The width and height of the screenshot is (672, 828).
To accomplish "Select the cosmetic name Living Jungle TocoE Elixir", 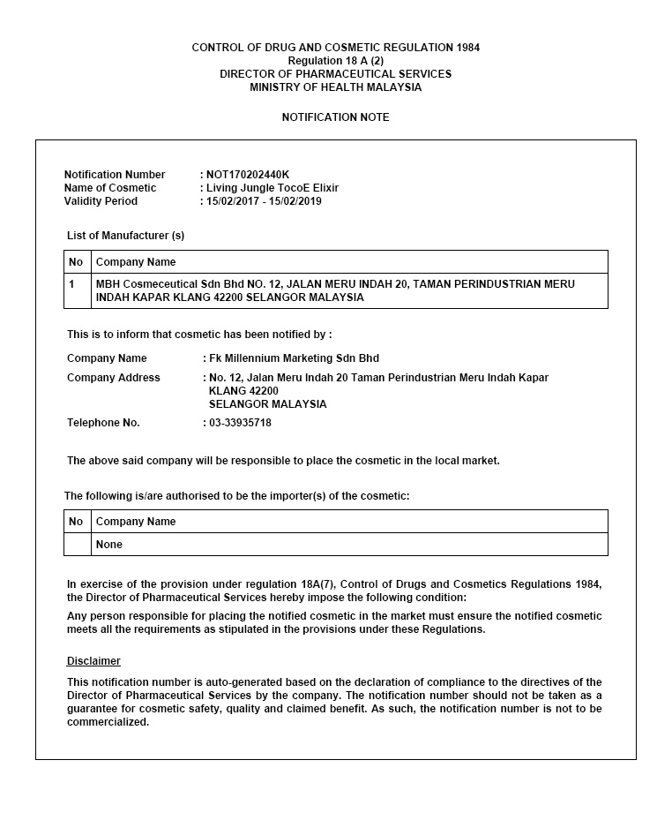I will click(x=273, y=188).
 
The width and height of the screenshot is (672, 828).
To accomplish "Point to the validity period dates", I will click(x=264, y=201).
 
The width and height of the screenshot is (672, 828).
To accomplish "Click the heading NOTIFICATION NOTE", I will click(x=335, y=117).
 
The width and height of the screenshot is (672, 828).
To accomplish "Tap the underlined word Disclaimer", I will click(x=93, y=661).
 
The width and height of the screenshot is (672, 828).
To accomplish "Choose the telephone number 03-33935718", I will click(x=240, y=423).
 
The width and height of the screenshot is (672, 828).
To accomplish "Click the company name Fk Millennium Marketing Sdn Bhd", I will click(x=294, y=358).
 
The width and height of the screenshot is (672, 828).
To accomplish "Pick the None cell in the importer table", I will click(x=109, y=545).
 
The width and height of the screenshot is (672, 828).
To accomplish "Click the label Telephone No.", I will click(x=103, y=423).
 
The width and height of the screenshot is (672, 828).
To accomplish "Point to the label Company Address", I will click(x=114, y=378).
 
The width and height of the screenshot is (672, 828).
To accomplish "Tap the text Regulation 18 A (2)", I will click(x=335, y=61).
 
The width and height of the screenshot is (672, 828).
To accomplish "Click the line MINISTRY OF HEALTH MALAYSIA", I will click(x=335, y=87).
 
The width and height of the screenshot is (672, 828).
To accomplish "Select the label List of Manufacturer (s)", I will click(x=125, y=236).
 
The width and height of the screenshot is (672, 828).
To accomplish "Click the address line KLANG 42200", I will click(x=243, y=391).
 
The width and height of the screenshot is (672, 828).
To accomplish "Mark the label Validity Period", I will click(x=101, y=201).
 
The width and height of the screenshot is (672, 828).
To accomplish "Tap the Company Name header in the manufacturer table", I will click(x=136, y=262).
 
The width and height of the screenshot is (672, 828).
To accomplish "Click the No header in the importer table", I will click(x=76, y=522).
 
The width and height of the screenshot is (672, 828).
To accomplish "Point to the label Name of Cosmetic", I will click(x=110, y=188).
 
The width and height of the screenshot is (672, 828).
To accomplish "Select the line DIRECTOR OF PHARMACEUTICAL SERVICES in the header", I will click(x=335, y=74).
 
